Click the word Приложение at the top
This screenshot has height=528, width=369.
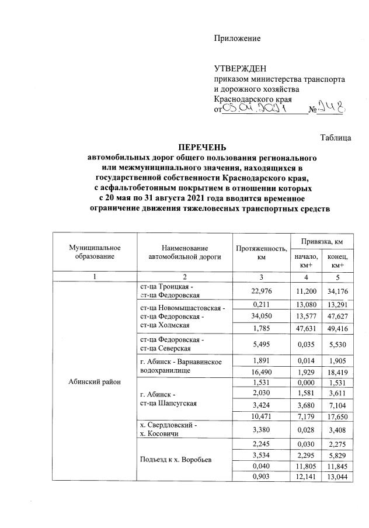point(236,39)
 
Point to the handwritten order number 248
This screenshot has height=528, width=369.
point(333,109)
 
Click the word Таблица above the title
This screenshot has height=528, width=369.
point(336,138)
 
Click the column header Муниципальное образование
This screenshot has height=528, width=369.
point(94,252)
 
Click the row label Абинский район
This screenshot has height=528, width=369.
point(94,382)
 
